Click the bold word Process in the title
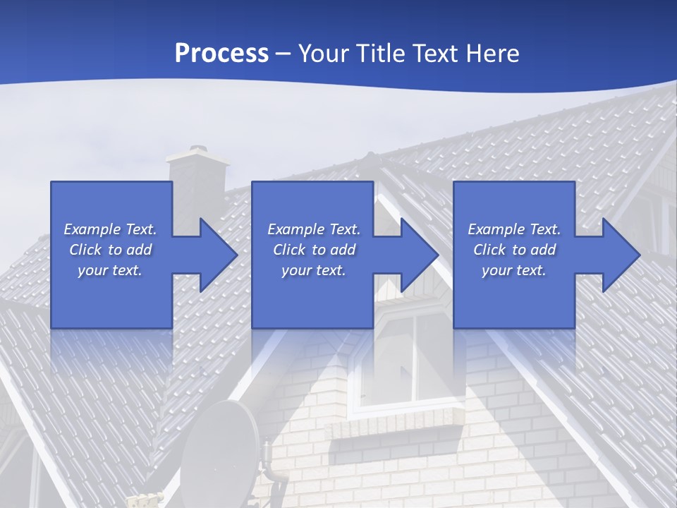[x=221, y=54]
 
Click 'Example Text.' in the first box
[x=110, y=229]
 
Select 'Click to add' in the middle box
[x=314, y=250]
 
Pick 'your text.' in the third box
[x=513, y=270]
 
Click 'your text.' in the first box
[x=110, y=270]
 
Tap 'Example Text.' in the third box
[x=513, y=229]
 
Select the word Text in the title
[x=432, y=54]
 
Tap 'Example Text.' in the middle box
[x=314, y=229]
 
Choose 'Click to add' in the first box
[x=110, y=250]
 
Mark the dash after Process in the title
[x=283, y=54]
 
